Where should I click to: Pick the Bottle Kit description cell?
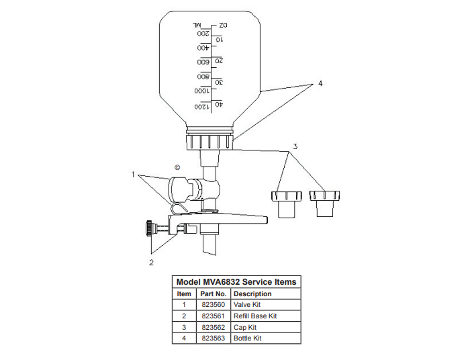247,338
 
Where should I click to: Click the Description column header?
252,294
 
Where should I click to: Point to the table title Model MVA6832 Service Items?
236,282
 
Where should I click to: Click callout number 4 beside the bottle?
320,84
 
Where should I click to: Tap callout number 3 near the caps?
295,146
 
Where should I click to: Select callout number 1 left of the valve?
134,175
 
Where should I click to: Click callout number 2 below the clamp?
151,262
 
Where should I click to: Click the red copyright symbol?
177,167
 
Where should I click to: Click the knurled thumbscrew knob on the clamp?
148,228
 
